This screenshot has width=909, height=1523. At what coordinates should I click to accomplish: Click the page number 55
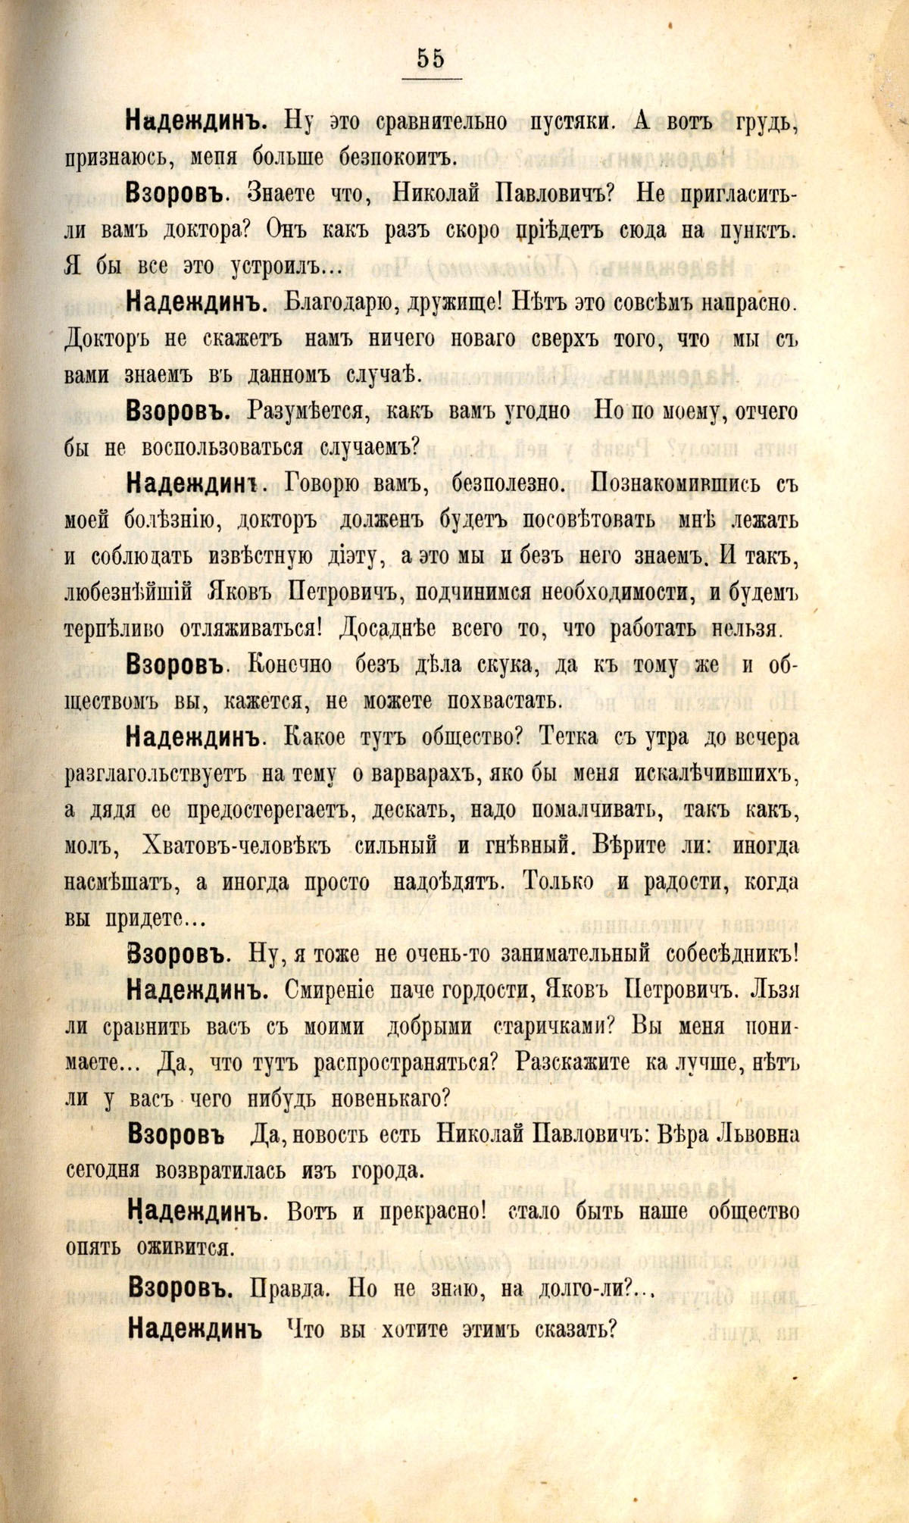[x=430, y=58]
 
